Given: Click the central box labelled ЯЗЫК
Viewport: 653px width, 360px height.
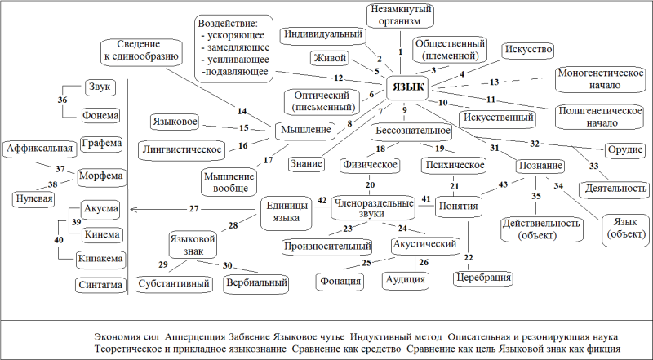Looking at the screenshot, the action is [x=406, y=87].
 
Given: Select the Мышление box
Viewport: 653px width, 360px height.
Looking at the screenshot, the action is [x=305, y=130].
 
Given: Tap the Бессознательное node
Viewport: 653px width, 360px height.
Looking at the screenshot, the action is [x=412, y=131].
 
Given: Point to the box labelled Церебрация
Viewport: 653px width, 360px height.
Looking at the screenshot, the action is [x=482, y=278].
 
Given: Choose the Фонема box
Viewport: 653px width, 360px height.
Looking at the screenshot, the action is [x=100, y=115].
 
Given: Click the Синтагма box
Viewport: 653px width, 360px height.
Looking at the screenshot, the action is [x=100, y=286].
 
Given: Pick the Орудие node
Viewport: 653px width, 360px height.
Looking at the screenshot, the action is [x=624, y=150].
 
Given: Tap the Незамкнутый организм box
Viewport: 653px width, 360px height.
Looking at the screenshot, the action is [x=401, y=15].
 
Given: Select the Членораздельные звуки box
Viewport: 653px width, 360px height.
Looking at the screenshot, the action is [x=373, y=208].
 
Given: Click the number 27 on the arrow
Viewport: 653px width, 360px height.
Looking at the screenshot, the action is [x=194, y=209].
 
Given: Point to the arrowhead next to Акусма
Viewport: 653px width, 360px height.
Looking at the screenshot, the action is [x=134, y=209].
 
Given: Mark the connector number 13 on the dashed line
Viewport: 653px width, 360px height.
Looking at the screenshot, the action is [x=494, y=82].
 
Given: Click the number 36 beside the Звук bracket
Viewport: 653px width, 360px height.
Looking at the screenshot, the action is [x=62, y=100].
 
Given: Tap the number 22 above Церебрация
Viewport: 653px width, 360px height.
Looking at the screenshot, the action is [x=469, y=257].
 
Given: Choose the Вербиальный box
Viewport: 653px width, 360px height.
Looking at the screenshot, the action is [x=256, y=283].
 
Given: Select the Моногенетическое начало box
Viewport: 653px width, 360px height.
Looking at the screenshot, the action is [x=601, y=79].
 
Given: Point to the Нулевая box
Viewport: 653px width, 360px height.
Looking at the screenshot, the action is [x=34, y=198].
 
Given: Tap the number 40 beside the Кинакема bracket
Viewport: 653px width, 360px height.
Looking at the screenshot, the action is [x=59, y=240].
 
